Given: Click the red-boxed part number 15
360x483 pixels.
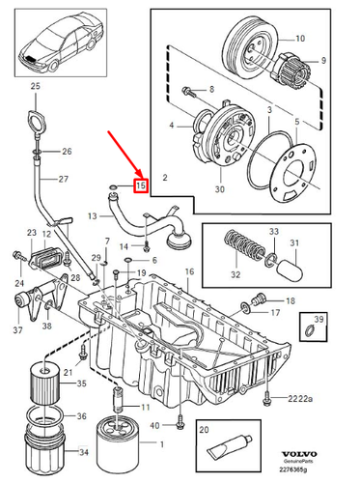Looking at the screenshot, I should coord(140,184).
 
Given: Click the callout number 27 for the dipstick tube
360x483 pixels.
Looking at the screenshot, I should coord(64,180).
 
